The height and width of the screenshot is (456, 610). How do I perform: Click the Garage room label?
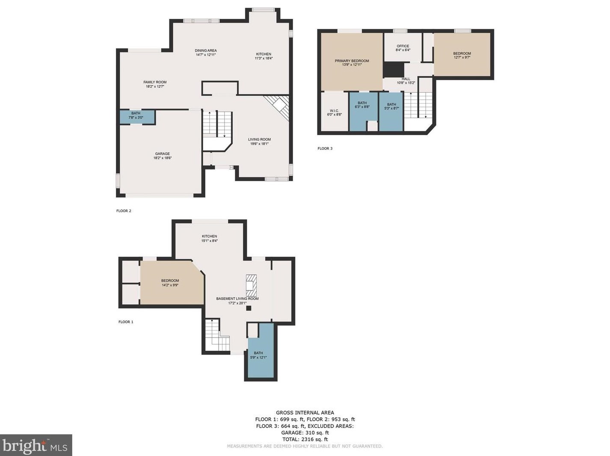click(163, 156)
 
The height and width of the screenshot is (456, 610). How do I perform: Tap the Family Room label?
click(155, 84)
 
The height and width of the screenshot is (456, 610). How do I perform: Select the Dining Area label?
click(206, 53)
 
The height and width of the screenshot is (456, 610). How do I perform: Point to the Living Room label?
click(259, 142)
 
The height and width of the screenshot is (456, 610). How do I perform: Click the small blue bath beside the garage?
click(136, 115)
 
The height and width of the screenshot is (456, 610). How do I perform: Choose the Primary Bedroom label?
click(352, 63)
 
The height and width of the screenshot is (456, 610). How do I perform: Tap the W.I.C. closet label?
click(334, 113)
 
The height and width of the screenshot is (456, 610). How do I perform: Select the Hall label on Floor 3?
click(406, 81)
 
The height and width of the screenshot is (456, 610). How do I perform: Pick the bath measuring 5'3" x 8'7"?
click(391, 107)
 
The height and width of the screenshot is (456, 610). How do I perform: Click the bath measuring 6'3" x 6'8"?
click(362, 105)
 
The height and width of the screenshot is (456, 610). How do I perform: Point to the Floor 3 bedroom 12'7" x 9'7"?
click(462, 55)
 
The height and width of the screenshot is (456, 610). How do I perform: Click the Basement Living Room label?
click(237, 301)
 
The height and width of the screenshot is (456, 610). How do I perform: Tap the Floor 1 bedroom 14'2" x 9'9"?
click(170, 283)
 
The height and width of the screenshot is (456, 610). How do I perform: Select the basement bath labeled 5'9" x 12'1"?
click(258, 355)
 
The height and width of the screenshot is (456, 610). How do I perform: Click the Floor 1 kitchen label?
click(210, 238)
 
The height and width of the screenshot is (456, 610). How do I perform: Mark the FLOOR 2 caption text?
click(124, 211)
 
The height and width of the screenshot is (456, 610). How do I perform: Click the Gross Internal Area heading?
click(305, 413)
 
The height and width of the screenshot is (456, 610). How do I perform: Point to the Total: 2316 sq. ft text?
click(305, 439)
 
